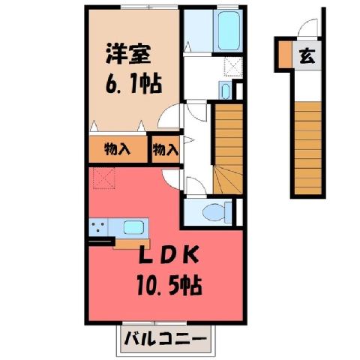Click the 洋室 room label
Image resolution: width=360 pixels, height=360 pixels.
point(128,54)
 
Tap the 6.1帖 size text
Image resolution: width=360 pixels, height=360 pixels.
point(133,84)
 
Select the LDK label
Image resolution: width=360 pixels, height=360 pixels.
point(169,255)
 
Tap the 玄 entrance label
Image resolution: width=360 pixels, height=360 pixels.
point(307,56)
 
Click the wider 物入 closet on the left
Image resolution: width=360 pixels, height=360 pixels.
point(118,149)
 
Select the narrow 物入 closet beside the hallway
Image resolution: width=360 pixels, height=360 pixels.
point(166,149)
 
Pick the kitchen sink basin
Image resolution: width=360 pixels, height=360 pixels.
point(134,227)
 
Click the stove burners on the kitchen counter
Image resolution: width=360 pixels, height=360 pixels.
point(98,226)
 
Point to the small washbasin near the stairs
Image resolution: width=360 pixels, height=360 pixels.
point(226,91)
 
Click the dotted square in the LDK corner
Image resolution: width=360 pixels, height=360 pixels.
point(104,178)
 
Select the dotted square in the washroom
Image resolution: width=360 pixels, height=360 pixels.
point(233,67)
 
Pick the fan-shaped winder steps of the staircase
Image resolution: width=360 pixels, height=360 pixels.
point(228,179)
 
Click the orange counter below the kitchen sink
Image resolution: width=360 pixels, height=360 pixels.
point(131,244)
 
